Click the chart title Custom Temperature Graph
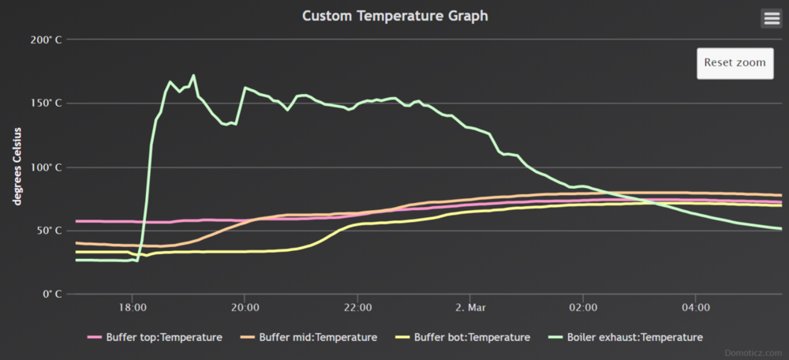point(394,15)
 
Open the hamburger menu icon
point(771,18)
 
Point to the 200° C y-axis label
point(47,39)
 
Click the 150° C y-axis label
point(47,103)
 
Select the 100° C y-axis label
point(47,167)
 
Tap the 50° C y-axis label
point(50,231)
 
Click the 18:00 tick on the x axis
point(133,306)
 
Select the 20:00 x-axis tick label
point(245,306)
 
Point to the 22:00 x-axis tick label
point(358,306)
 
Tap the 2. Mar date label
point(470,306)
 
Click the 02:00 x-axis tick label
point(583,306)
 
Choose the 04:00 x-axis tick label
point(695,306)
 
